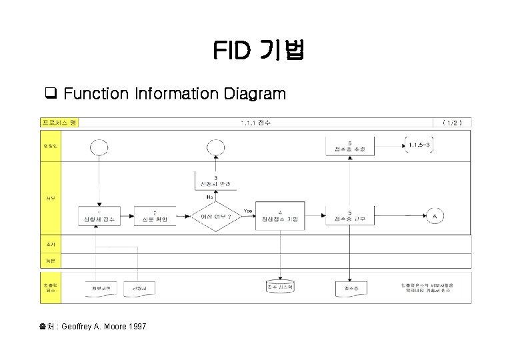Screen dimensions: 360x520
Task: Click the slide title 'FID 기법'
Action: coord(259,50)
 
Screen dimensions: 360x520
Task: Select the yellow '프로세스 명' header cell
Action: coord(60,122)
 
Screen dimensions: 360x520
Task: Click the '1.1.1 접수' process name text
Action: coord(256,122)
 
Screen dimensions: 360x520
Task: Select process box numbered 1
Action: coord(99,215)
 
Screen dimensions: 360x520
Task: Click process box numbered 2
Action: coord(155,215)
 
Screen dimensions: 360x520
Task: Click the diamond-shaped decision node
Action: coord(216,215)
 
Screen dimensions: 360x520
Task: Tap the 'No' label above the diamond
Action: coord(209,197)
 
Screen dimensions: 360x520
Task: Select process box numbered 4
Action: coord(280,215)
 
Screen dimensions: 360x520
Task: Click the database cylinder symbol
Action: coord(280,287)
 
